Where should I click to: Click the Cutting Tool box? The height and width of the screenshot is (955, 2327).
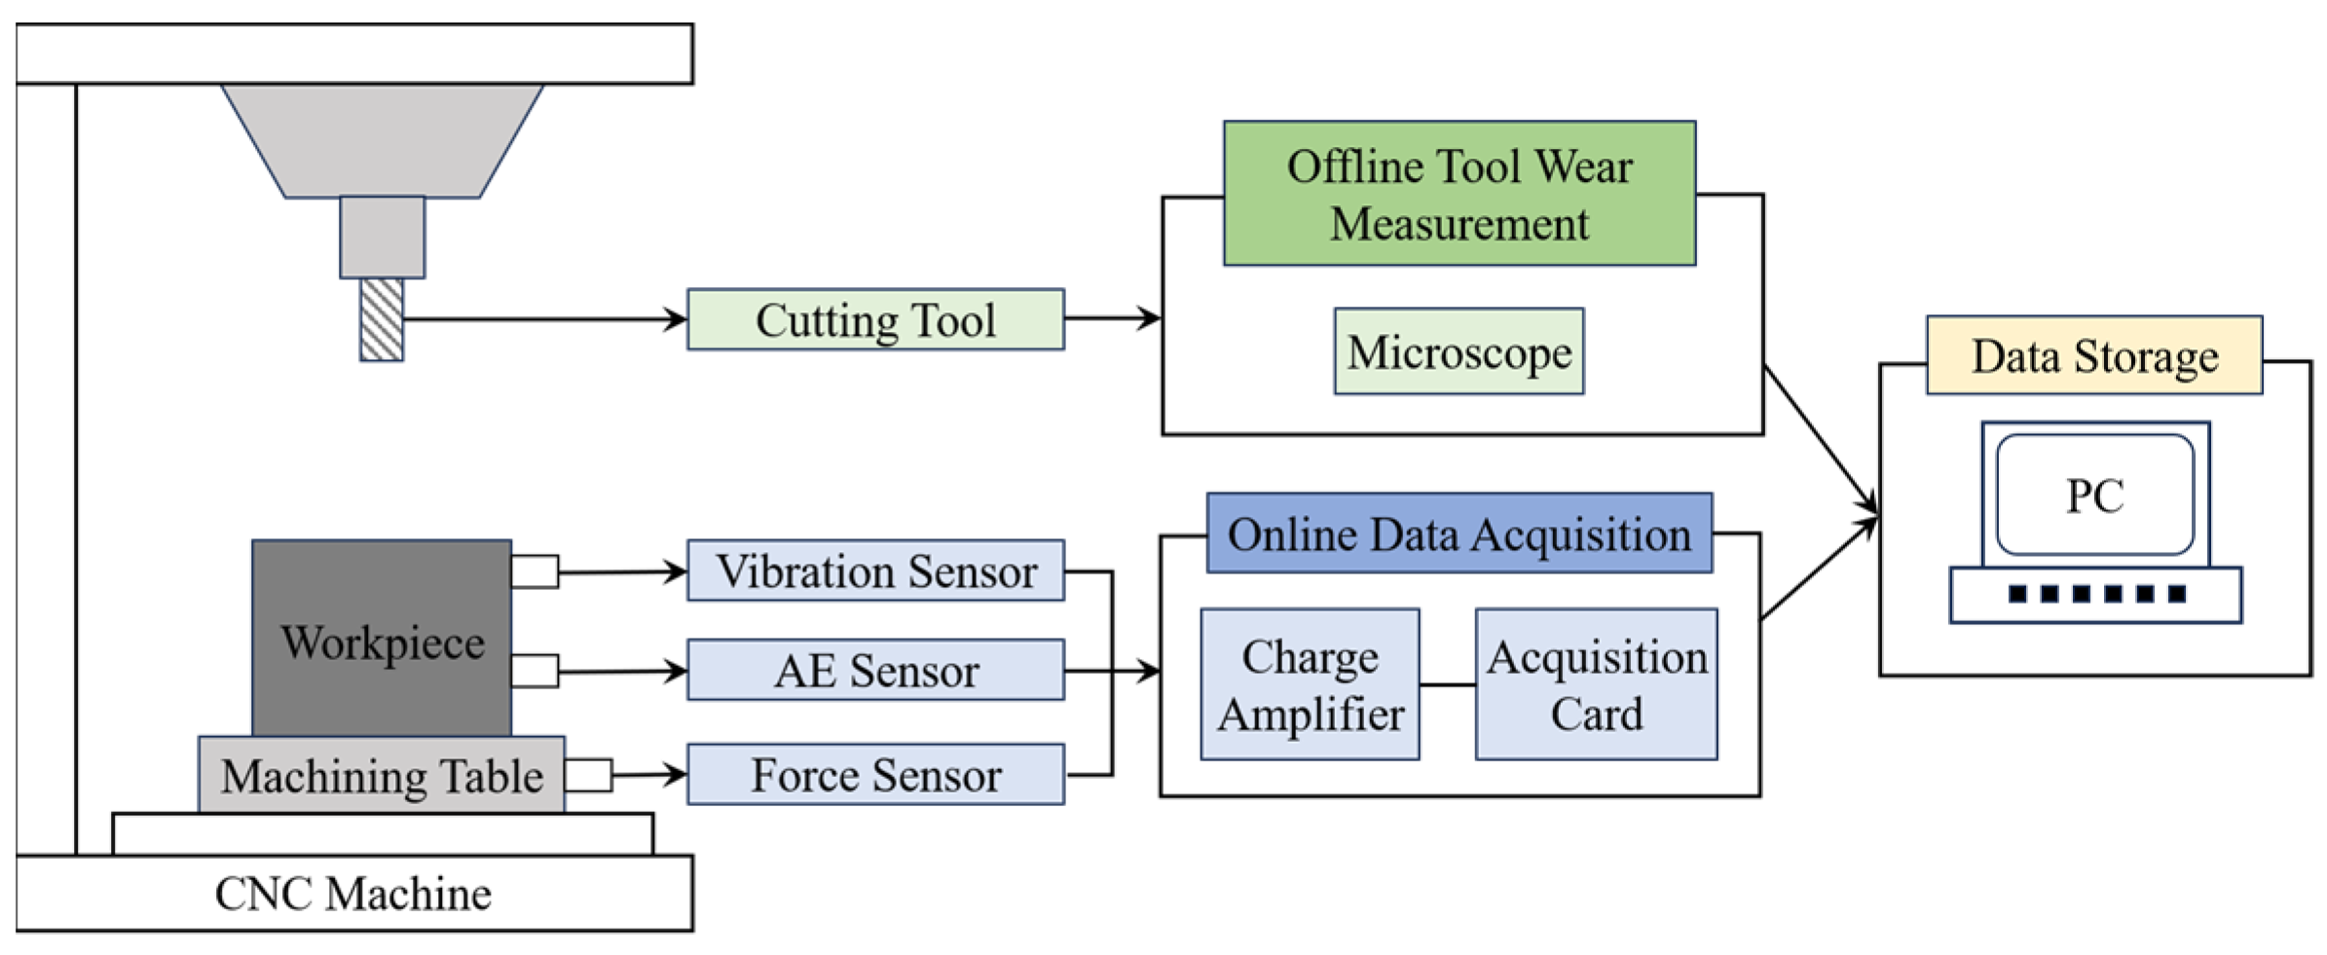(874, 319)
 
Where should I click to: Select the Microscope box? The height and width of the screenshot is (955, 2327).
(1458, 351)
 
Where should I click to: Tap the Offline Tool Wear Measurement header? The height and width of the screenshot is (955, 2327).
(1459, 194)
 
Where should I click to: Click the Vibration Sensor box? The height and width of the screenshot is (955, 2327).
(874, 570)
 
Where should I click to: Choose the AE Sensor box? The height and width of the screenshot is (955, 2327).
(874, 670)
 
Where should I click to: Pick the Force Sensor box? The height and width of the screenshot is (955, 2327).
(874, 775)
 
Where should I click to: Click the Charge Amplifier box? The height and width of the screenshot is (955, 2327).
(1309, 684)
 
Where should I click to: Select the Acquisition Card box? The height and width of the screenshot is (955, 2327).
(1595, 684)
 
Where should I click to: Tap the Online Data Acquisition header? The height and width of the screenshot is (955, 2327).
(1459, 533)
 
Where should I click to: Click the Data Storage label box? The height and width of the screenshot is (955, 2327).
(2093, 355)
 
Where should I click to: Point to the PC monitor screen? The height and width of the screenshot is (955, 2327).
(2094, 495)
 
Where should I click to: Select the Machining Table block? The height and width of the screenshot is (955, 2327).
(382, 775)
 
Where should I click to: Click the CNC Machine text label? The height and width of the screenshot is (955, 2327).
(352, 894)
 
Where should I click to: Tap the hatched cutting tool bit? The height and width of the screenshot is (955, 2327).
(381, 320)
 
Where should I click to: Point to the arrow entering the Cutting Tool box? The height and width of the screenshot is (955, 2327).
(672, 318)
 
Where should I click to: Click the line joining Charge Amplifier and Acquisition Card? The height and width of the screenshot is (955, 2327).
(1447, 684)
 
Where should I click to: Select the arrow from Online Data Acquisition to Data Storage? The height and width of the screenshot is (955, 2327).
(1819, 569)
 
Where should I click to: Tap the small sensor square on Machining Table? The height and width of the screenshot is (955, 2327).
(588, 775)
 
